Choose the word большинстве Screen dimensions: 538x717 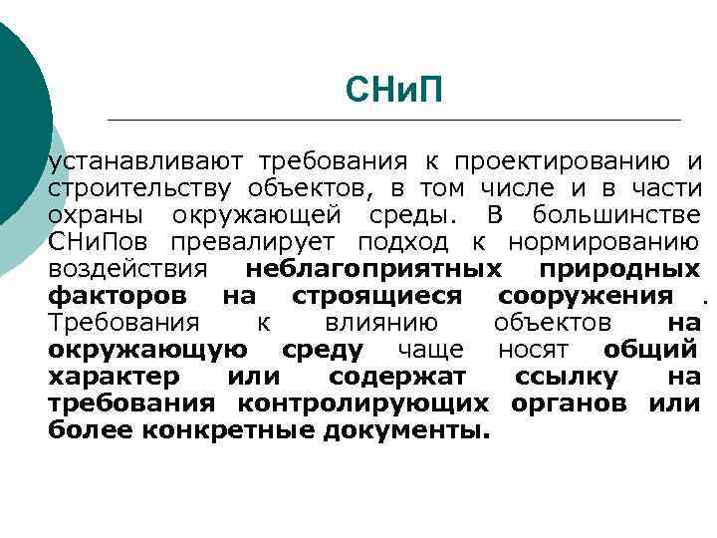[x=616, y=215]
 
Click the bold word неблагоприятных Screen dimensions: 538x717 [x=372, y=269]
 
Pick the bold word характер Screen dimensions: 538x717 [x=114, y=377]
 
